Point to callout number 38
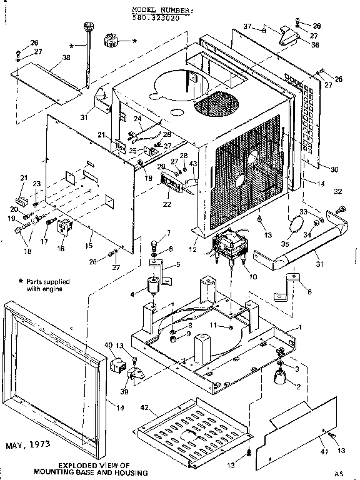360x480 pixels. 66,57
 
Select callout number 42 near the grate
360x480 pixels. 144,407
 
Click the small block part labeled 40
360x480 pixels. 117,365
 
